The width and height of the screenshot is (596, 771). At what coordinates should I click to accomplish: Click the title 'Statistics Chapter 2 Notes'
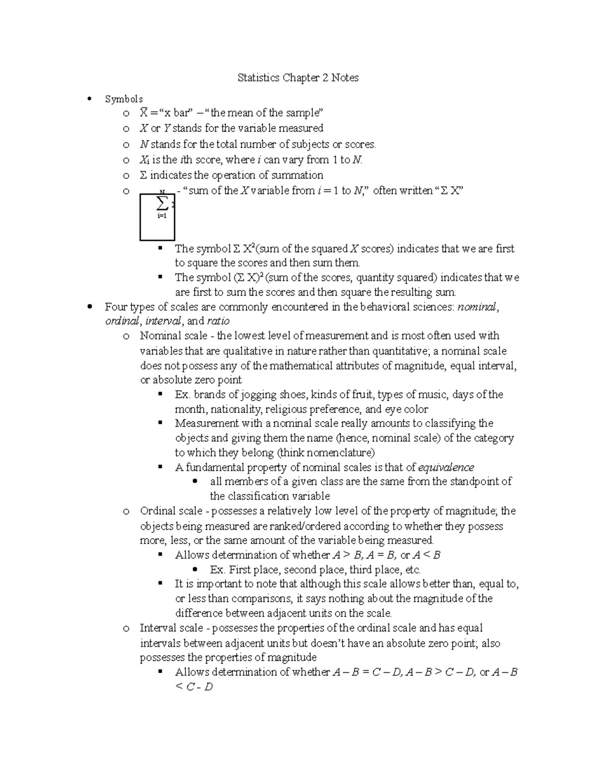point(298,77)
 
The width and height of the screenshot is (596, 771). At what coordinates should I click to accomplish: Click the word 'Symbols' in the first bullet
point(124,99)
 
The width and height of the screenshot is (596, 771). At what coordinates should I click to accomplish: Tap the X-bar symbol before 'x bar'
point(144,113)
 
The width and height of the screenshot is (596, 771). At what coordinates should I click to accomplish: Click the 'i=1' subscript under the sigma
point(161,216)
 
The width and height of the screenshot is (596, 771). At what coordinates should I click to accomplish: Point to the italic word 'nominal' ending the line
point(477,307)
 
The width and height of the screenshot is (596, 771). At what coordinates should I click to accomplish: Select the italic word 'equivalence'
point(446,467)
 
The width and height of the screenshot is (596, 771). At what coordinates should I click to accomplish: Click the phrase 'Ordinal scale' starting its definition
point(171,511)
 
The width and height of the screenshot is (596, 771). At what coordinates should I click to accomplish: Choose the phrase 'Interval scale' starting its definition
point(171,628)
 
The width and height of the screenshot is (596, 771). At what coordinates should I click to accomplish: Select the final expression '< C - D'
point(194,687)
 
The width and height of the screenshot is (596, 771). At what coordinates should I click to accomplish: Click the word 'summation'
point(298,175)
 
